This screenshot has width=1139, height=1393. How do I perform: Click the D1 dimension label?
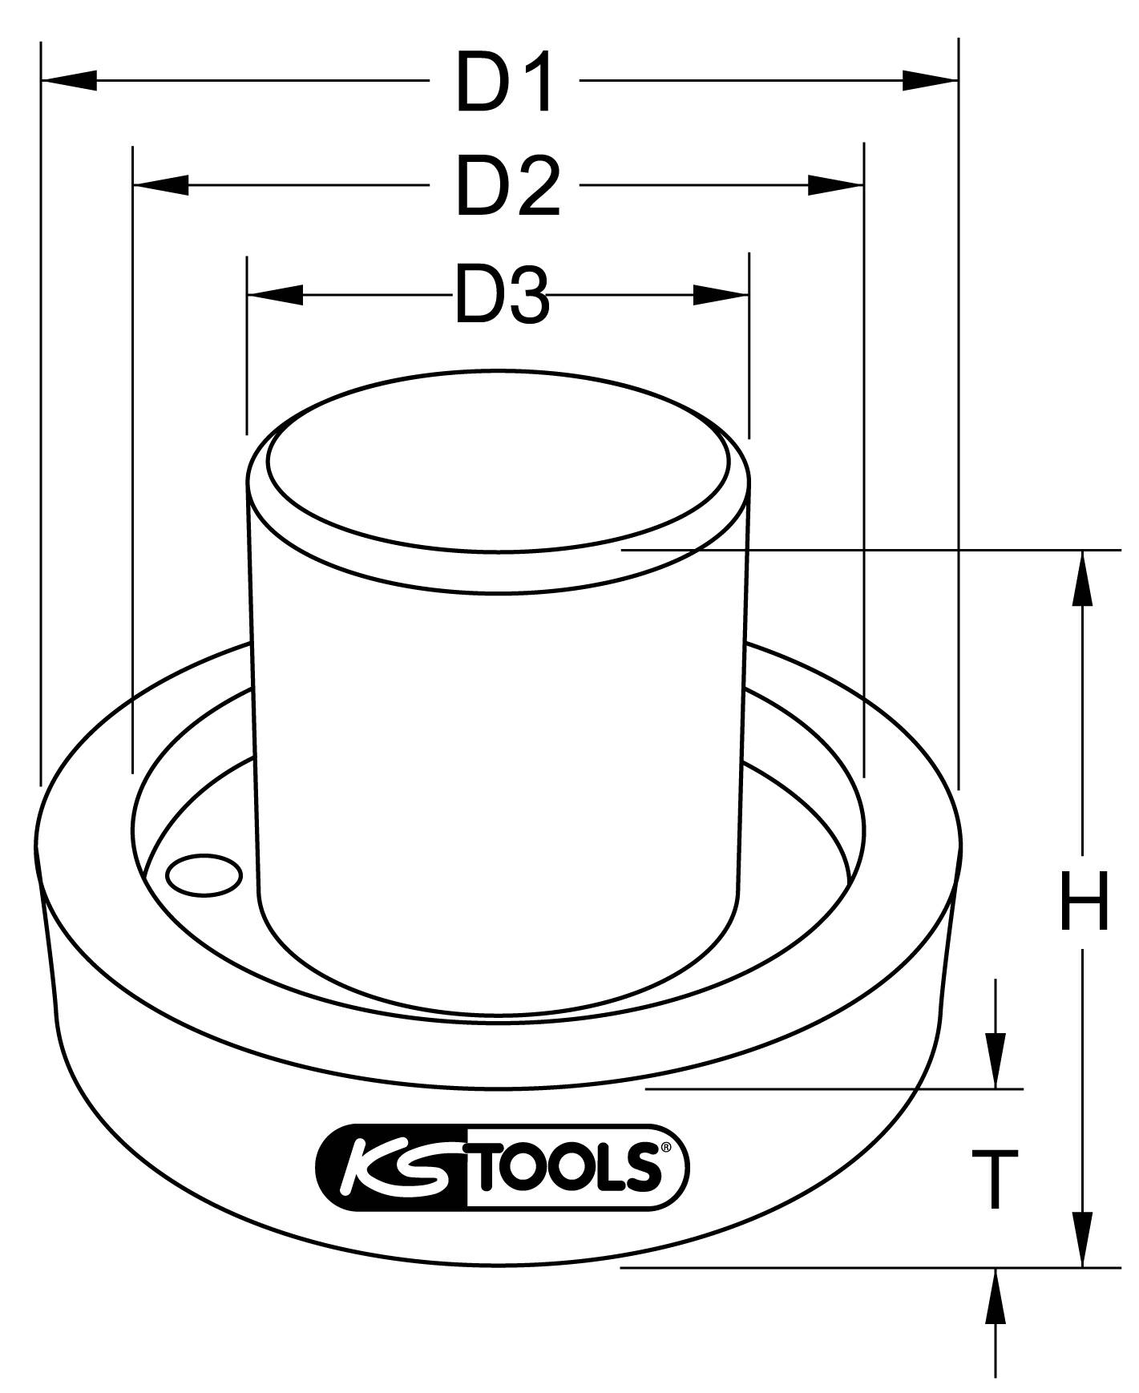[x=503, y=81]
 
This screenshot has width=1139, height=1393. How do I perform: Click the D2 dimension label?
[x=507, y=187]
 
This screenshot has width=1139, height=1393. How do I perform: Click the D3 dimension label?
[x=502, y=296]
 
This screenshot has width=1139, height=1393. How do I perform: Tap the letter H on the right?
[x=1084, y=901]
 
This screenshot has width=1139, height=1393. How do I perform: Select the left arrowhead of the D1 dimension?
[x=69, y=80]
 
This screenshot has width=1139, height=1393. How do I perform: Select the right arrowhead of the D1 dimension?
[x=930, y=80]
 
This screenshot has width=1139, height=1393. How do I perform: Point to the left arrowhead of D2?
[x=161, y=185]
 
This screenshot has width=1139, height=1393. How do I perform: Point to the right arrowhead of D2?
[x=835, y=185]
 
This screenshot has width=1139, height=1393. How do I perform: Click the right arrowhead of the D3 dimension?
[x=721, y=295]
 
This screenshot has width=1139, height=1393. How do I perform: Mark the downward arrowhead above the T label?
[x=996, y=1060]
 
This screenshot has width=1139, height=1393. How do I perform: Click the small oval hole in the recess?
[x=204, y=874]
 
